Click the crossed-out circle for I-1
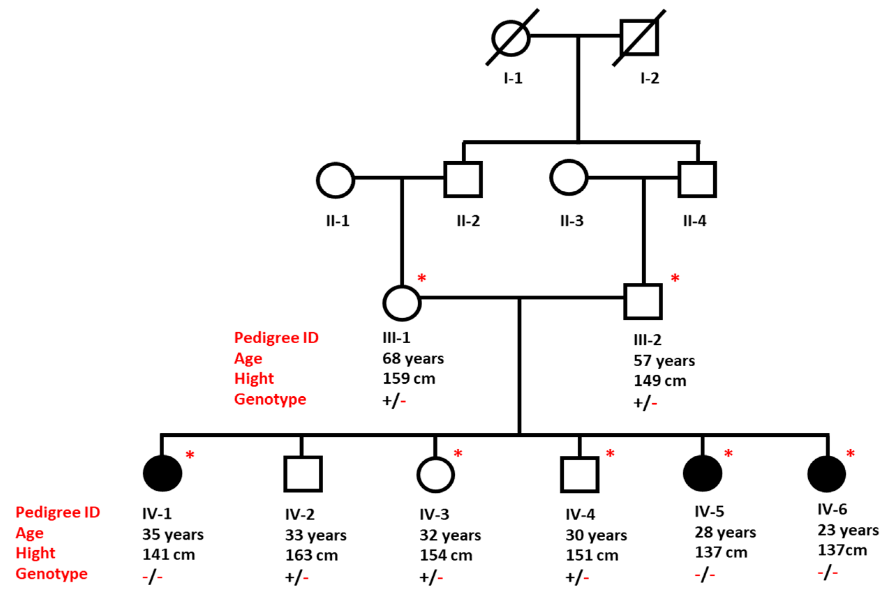pos(511,38)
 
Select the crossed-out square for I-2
pos(639,38)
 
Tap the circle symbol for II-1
pos(335,180)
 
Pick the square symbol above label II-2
pos(463,179)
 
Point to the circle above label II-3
pos(569,178)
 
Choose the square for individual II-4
pos(697,179)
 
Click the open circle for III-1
pos(402,303)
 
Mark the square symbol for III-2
pos(643,302)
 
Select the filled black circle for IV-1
pos(163,473)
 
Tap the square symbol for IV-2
pos(303,474)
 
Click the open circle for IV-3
pos(436,475)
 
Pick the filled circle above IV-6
pos(826,474)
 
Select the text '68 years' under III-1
pos(413,358)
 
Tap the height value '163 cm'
pos(311,555)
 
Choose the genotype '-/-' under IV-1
pos(152,577)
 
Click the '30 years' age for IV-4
pos(596,535)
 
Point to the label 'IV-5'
pos(709,512)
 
